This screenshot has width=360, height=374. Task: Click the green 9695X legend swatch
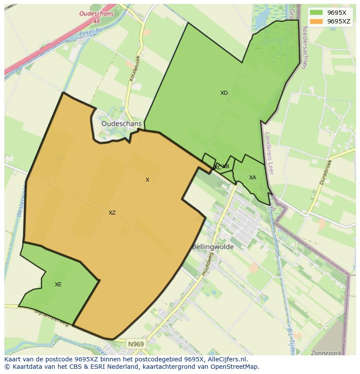[x=316, y=13]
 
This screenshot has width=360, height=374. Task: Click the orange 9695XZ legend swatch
[x=316, y=21]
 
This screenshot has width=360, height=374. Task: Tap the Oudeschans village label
[x=121, y=124]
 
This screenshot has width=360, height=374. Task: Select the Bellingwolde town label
[x=213, y=247]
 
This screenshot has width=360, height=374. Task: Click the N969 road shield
[x=136, y=344]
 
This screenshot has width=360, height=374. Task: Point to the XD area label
[x=224, y=93]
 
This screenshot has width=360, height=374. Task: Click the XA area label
[x=253, y=178]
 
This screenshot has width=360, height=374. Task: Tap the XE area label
[x=58, y=285]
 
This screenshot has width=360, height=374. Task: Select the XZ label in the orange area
[x=112, y=213]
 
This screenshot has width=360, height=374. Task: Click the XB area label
[x=226, y=166]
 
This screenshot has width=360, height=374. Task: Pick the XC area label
[x=217, y=168]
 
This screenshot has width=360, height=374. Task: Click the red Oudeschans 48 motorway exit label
[x=96, y=17]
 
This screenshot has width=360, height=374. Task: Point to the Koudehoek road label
[x=135, y=68]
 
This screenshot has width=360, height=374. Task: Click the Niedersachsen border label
[x=304, y=48]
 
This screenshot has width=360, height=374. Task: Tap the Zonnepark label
[x=326, y=353]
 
